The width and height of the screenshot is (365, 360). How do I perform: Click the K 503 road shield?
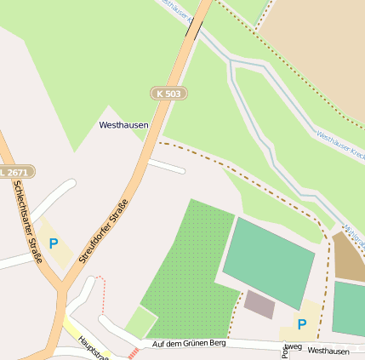(x=168, y=93)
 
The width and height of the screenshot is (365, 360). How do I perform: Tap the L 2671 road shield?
(x=16, y=171)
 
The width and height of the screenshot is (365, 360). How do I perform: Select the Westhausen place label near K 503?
(x=123, y=125)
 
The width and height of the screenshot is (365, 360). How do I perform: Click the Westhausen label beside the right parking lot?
(x=328, y=351)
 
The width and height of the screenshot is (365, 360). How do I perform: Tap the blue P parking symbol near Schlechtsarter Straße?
(x=54, y=243)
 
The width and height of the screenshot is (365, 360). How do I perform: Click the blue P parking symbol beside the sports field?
(x=302, y=324)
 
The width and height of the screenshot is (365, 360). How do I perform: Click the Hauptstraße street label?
(x=90, y=346)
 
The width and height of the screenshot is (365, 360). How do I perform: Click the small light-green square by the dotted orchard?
(x=141, y=323)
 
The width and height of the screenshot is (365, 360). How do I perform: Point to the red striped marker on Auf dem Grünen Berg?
(x=133, y=352)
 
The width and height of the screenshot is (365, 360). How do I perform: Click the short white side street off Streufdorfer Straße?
(x=166, y=166)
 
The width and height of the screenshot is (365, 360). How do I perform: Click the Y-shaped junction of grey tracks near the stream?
(x=232, y=64)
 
